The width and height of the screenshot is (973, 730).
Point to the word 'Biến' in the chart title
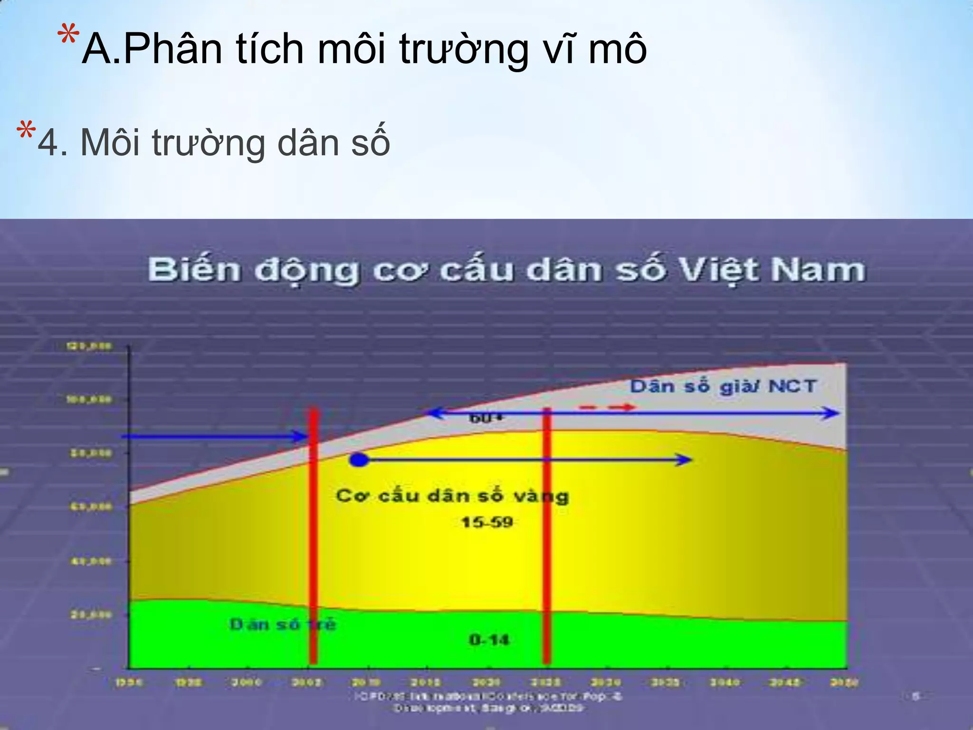click(x=194, y=270)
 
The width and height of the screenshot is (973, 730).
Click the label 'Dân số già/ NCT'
click(x=723, y=386)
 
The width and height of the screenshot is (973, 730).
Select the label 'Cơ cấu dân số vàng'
click(x=452, y=496)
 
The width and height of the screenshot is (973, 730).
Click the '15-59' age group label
click(x=487, y=522)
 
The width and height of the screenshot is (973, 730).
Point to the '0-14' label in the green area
click(x=489, y=640)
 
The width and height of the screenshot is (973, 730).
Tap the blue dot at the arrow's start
click(x=359, y=460)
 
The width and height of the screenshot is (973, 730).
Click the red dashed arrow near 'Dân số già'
click(x=607, y=407)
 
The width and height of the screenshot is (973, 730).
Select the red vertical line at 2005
click(x=313, y=537)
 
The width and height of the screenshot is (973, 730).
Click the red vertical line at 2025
click(x=546, y=537)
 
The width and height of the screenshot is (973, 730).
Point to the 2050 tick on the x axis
click(x=844, y=682)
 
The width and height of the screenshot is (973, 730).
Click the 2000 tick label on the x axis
click(x=247, y=682)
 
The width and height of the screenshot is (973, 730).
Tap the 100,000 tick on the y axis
click(x=89, y=400)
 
